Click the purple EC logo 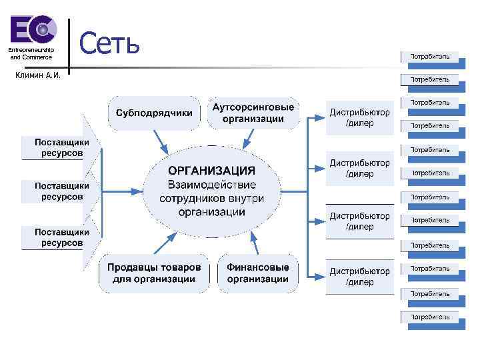coord(32,31)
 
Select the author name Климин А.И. coord(37,75)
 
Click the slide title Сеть coord(109,44)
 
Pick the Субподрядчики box coord(154,113)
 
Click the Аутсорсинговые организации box coord(253,113)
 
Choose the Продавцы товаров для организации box coord(154,273)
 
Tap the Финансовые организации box coord(257,273)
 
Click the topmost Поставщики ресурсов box coord(59,147)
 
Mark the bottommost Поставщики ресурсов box coord(59,237)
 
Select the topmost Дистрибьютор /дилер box coord(359,118)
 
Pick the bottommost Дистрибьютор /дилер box coord(359,277)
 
